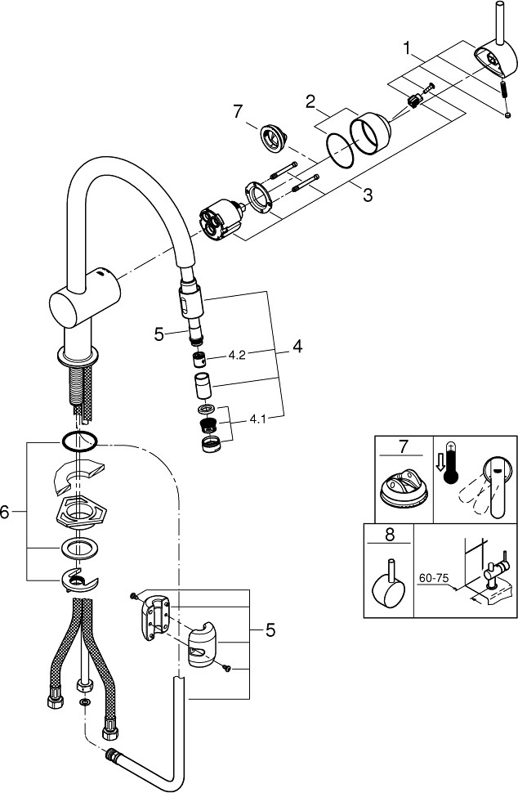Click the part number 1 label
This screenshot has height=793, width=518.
tap(405, 49)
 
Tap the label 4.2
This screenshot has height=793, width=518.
tap(238, 355)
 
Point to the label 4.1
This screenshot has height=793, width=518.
tap(258, 419)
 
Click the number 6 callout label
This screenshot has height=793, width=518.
tap(7, 513)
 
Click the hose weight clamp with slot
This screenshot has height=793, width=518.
tap(198, 646)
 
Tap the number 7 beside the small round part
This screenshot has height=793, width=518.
tap(238, 110)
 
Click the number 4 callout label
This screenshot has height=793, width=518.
tap(297, 347)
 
